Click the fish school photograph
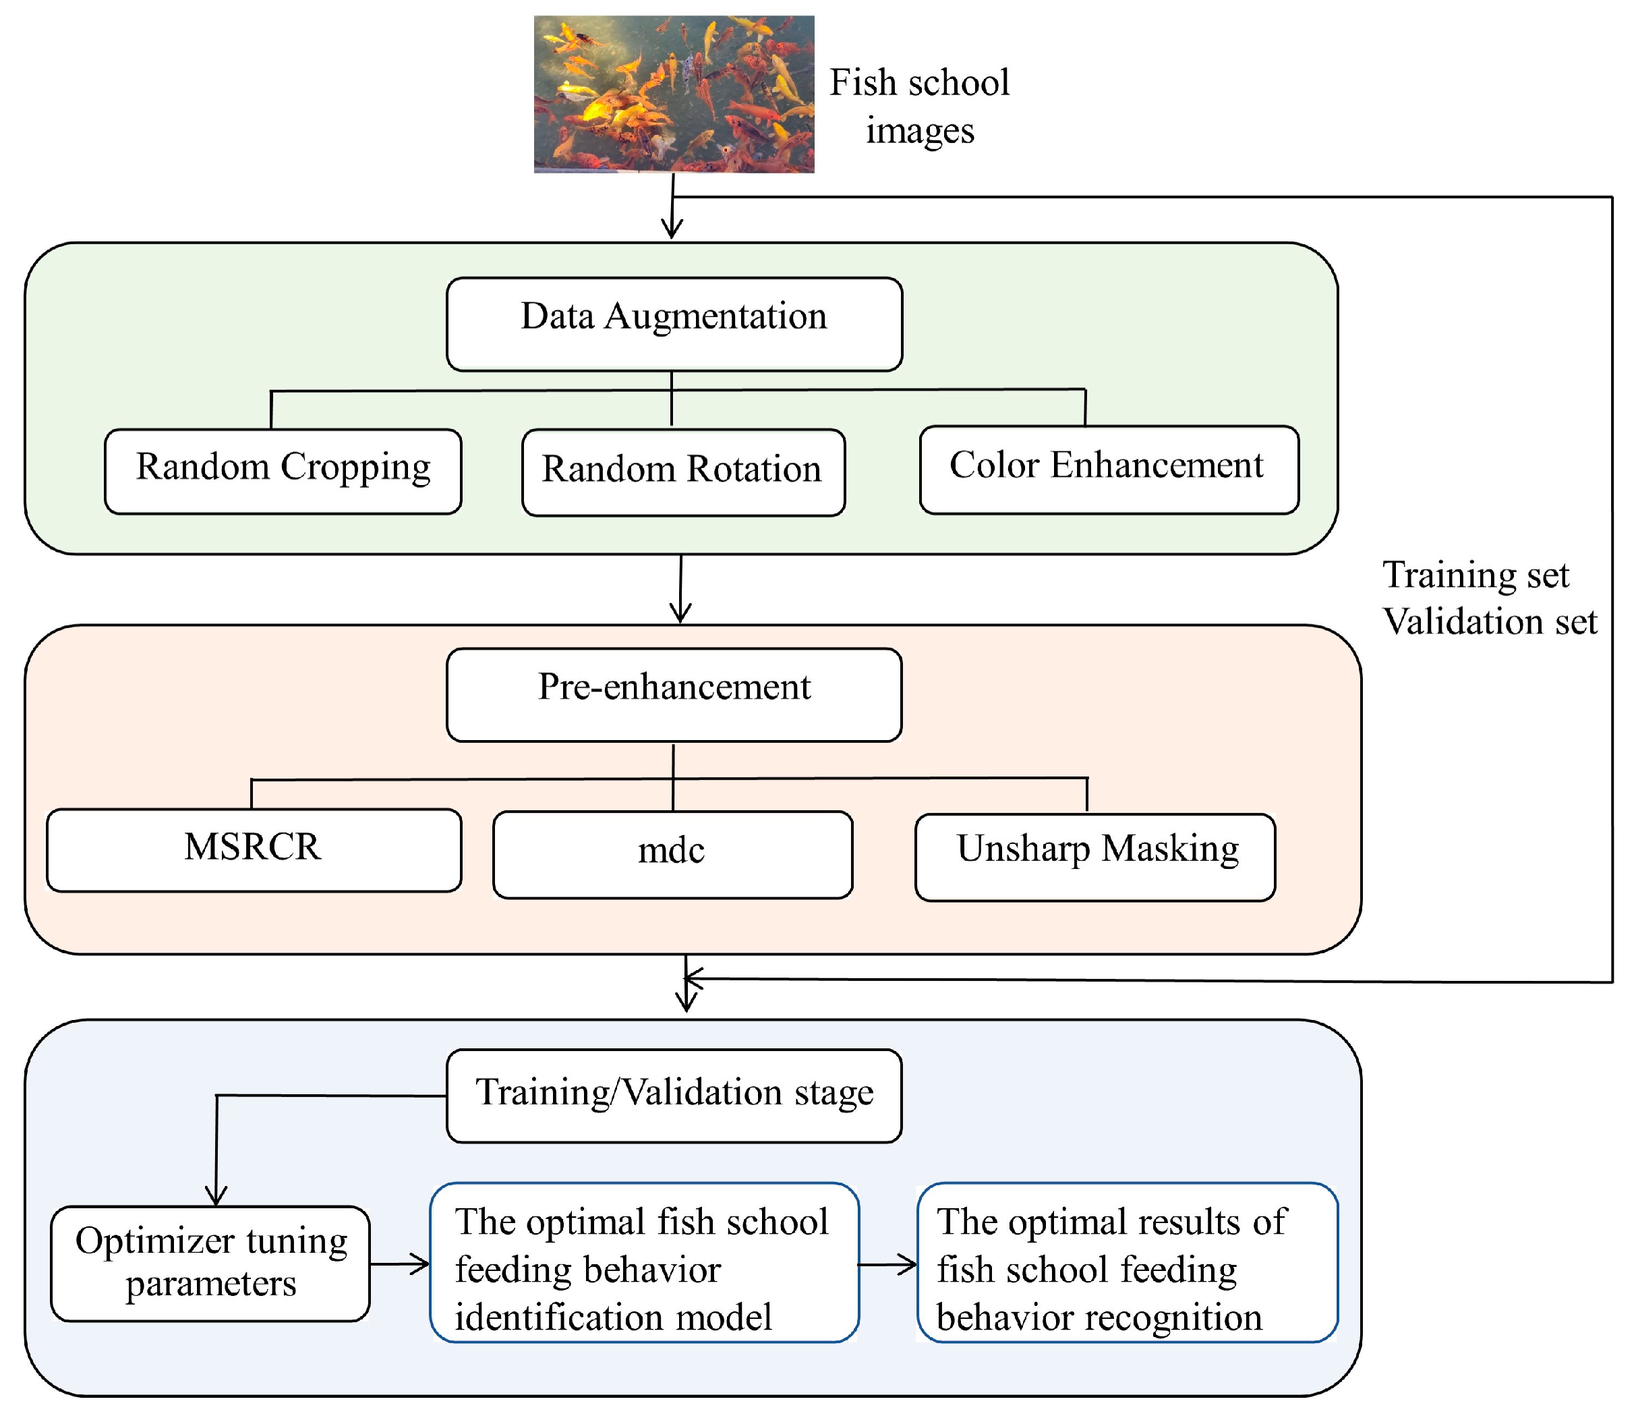[x=674, y=94]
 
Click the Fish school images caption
[x=918, y=106]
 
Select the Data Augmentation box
[x=674, y=324]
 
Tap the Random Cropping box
[x=283, y=472]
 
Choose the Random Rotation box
[x=683, y=472]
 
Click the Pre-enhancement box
[x=674, y=695]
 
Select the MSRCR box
[x=254, y=850]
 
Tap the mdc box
[x=672, y=854]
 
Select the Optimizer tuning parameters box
[x=210, y=1264]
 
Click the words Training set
[x=1475, y=575]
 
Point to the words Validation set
[x=1489, y=622]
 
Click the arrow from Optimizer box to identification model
[x=400, y=1264]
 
